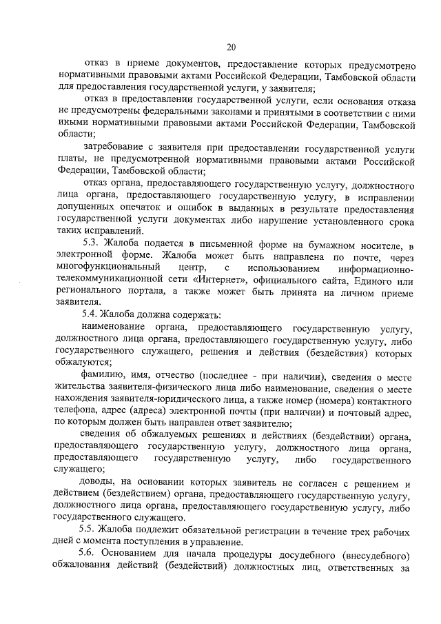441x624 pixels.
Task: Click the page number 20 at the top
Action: (x=231, y=47)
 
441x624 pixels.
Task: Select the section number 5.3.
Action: (x=91, y=245)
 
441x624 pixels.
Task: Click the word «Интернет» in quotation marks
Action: (x=209, y=281)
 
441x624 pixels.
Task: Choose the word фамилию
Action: (x=103, y=376)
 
